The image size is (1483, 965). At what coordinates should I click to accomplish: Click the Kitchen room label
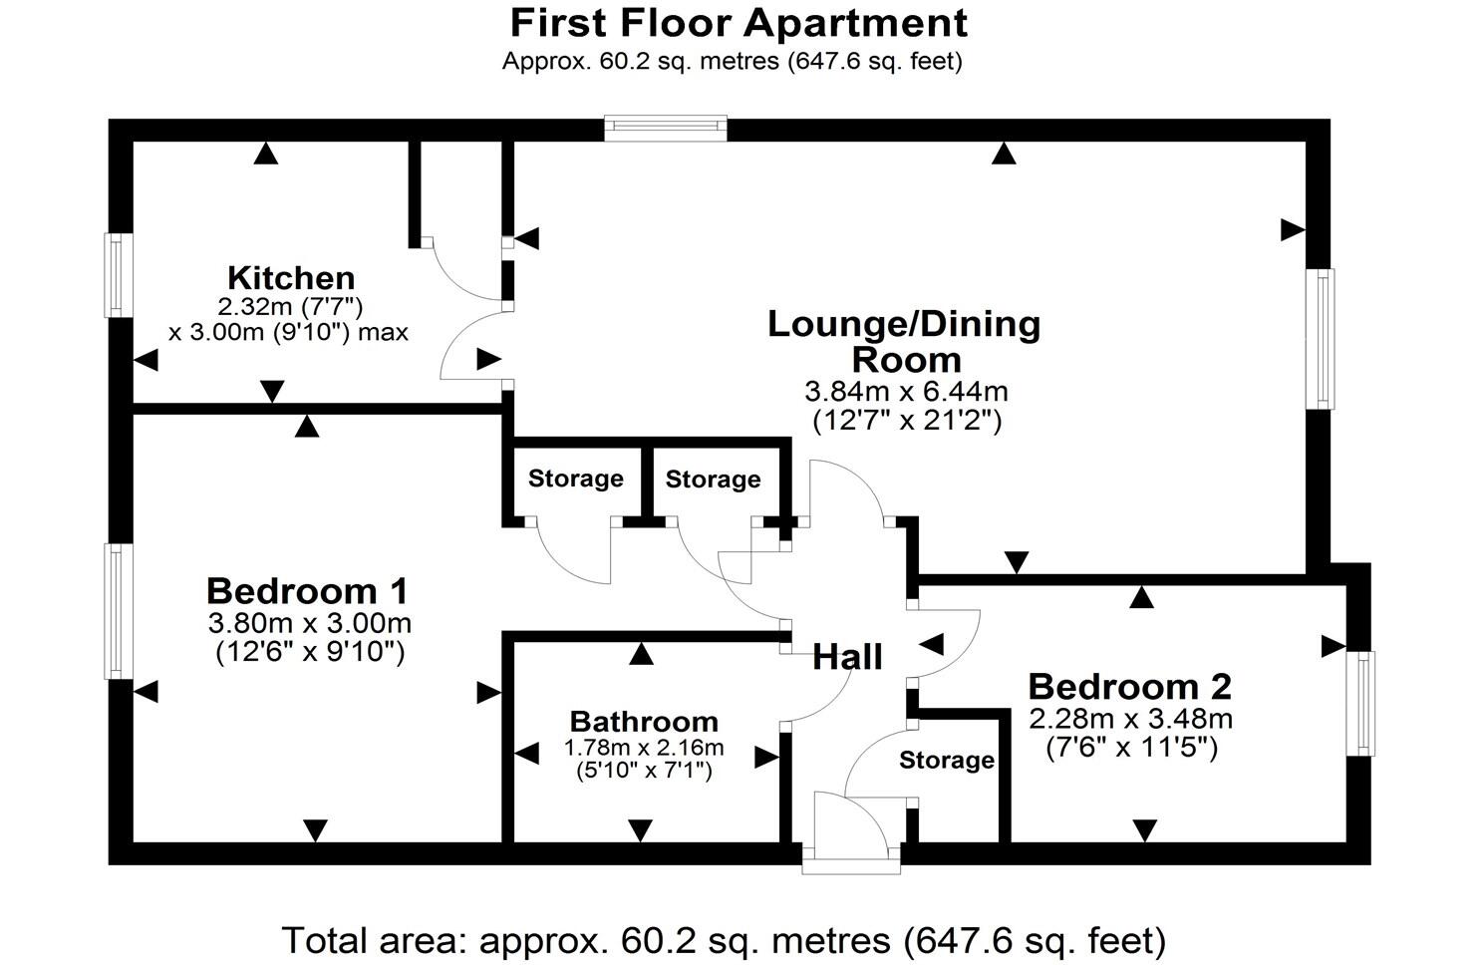pyautogui.click(x=290, y=277)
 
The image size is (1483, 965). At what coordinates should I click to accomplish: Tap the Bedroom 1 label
pyautogui.click(x=307, y=591)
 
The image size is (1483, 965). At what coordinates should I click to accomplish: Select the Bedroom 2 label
pyautogui.click(x=1129, y=686)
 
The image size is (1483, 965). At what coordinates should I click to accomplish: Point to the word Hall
pyautogui.click(x=847, y=657)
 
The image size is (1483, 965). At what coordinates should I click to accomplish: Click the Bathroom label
pyautogui.click(x=643, y=721)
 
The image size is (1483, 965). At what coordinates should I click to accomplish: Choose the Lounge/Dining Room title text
pyautogui.click(x=904, y=341)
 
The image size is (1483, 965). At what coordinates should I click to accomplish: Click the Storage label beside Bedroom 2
pyautogui.click(x=946, y=761)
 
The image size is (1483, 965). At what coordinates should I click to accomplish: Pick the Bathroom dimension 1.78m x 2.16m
pyautogui.click(x=643, y=747)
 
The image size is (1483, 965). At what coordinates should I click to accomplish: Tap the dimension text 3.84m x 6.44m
pyautogui.click(x=906, y=392)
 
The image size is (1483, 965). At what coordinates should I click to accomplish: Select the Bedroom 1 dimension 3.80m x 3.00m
pyautogui.click(x=309, y=624)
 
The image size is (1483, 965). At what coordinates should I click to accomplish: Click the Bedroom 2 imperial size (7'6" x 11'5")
pyautogui.click(x=1131, y=747)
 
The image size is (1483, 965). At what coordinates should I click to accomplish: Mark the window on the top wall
pyautogui.click(x=666, y=127)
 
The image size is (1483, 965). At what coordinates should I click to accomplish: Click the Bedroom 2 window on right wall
pyautogui.click(x=1359, y=703)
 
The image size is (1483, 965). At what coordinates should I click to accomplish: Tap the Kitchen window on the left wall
pyautogui.click(x=120, y=275)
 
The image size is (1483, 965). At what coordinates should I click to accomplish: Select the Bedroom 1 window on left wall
pyautogui.click(x=120, y=610)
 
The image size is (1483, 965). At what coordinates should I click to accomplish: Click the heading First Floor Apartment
pyautogui.click(x=738, y=22)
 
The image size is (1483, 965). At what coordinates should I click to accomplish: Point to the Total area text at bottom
pyautogui.click(x=724, y=939)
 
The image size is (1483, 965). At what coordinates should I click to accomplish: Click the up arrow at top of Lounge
pyautogui.click(x=1004, y=154)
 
